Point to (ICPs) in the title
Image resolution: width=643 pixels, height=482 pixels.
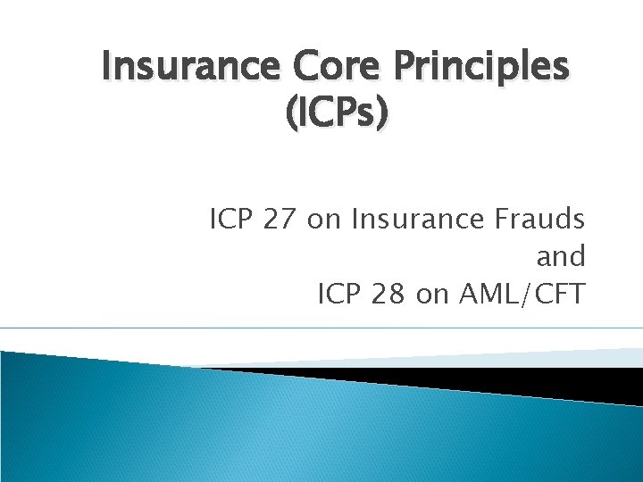point(335,115)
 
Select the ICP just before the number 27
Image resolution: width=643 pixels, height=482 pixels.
point(232,219)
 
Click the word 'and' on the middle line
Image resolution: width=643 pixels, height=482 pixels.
point(560,257)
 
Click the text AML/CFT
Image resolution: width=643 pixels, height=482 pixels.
point(520,295)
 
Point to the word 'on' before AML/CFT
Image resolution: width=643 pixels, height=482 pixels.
point(432,295)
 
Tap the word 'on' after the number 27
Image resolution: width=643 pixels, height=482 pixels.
point(322,219)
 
